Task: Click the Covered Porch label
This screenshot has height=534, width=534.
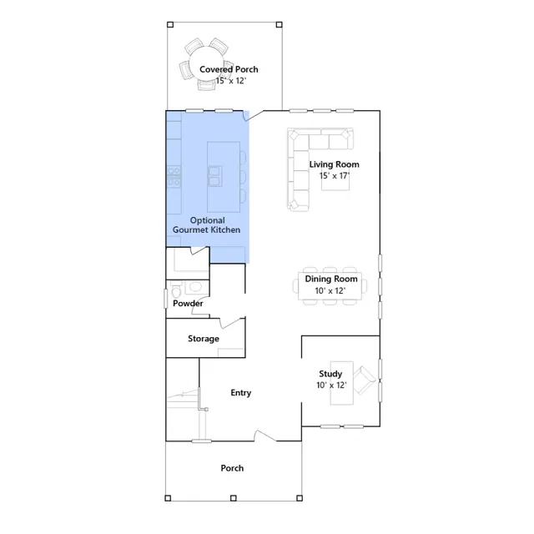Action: pos(229,69)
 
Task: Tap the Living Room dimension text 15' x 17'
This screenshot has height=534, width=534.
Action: pos(334,176)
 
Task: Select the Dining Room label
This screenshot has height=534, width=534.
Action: pos(331,279)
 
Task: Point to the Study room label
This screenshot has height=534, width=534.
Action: pos(330,374)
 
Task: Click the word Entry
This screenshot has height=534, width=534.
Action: pos(241,393)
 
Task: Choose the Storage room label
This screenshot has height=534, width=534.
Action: pos(204,339)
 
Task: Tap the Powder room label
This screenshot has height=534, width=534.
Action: pos(188,303)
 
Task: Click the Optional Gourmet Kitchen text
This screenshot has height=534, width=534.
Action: pos(207,225)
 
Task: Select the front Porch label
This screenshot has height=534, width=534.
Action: pos(232,468)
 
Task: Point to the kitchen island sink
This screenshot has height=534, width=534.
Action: pos(215,176)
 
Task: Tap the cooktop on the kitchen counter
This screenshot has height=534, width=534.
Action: pos(174,176)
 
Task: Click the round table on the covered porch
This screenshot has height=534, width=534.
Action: pos(206,65)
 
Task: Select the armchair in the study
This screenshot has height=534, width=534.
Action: pos(364,380)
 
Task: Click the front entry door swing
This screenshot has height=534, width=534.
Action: pos(265,436)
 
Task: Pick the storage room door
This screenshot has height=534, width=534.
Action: pos(232,323)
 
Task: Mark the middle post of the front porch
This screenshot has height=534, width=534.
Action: pos(234,498)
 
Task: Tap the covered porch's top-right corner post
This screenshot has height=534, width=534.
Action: pos(280,24)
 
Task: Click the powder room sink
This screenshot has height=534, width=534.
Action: pos(195,287)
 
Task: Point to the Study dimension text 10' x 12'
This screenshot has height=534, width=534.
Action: pos(331,385)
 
